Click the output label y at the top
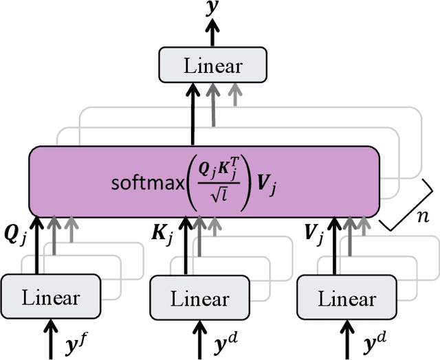point(212,8)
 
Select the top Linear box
point(212,67)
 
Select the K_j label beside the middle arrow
point(163,232)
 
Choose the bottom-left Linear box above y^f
point(51,298)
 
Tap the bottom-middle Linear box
point(199,300)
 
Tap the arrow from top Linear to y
point(212,34)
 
